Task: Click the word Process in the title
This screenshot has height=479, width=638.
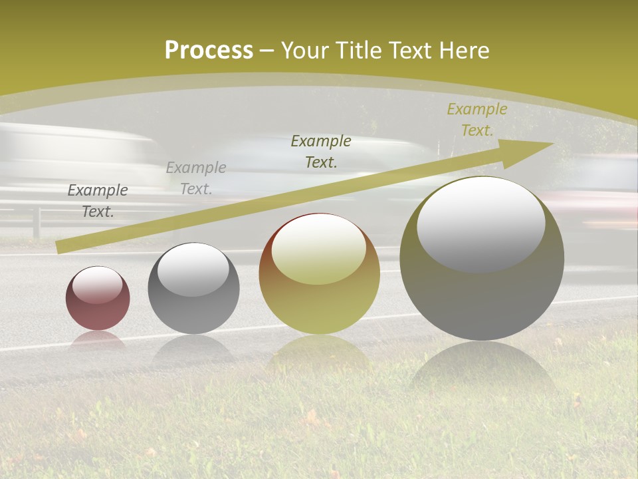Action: (x=209, y=50)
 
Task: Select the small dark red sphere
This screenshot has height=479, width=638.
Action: (x=98, y=298)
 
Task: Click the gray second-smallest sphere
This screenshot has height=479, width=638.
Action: (x=193, y=288)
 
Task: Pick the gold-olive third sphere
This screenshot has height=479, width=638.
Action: (x=319, y=273)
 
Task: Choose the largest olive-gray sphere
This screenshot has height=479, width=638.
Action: (x=482, y=258)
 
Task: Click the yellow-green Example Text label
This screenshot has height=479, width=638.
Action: (x=477, y=120)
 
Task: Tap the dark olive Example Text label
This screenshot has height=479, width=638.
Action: (x=321, y=151)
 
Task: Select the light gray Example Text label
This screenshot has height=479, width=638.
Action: (x=196, y=178)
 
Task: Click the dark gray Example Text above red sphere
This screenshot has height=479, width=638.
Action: (x=98, y=201)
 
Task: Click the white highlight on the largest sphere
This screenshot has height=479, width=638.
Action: (x=480, y=223)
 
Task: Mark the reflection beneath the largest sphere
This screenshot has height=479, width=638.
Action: (x=482, y=369)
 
